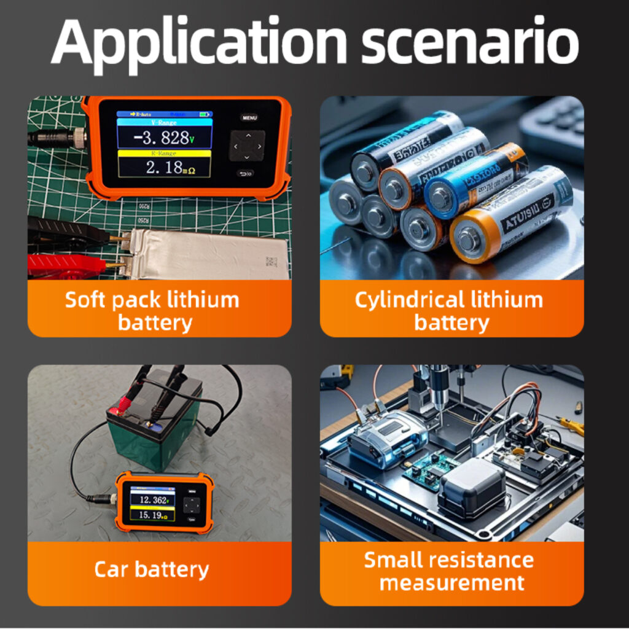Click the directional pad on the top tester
pos(247,147)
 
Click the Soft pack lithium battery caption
pos(152,311)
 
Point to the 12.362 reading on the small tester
pos(152,499)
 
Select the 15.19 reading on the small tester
pos(149,515)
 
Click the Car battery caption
pos(152,569)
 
